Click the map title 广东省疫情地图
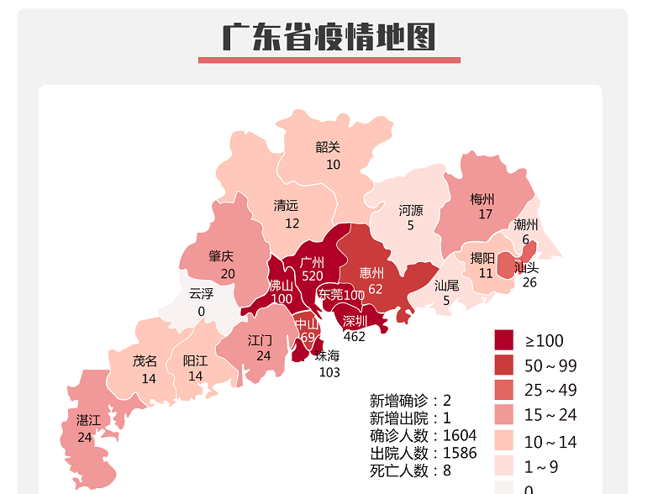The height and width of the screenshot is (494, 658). [329, 37]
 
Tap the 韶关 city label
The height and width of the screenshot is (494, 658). [328, 147]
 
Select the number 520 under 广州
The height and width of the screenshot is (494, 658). [313, 276]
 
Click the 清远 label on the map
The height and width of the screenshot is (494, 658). [286, 206]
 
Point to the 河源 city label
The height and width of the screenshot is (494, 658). [411, 210]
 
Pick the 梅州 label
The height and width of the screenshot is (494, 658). [482, 200]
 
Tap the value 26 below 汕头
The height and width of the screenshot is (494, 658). [529, 282]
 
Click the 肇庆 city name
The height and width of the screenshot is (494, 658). [221, 257]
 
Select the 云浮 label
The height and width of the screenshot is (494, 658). [201, 293]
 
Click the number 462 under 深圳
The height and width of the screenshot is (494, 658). [355, 336]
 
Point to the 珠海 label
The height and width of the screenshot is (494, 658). [328, 355]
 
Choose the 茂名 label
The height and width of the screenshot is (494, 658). [145, 361]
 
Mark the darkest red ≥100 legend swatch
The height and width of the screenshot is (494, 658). [503, 340]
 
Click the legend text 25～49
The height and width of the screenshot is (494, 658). [551, 391]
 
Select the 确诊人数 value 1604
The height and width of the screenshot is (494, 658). [459, 435]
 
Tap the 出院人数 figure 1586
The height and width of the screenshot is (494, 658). [459, 453]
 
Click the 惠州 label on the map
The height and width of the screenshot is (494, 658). [371, 273]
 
